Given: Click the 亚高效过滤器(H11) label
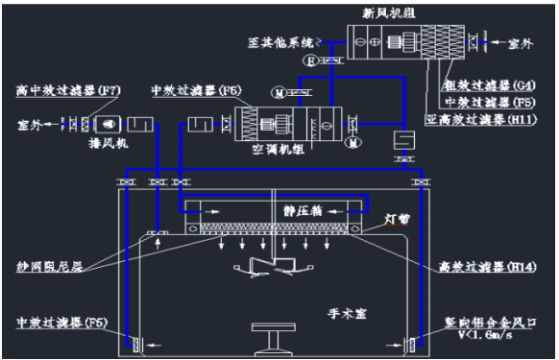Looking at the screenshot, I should (x=476, y=120).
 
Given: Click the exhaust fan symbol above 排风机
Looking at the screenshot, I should (x=108, y=124).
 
